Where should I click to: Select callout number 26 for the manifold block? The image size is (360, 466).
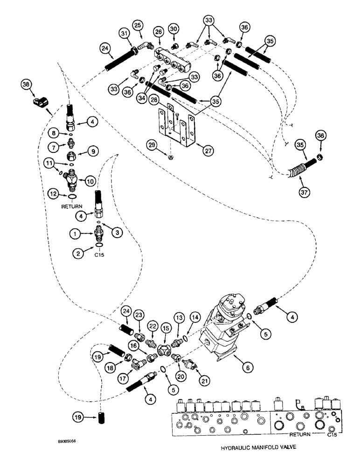coord(159,32)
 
